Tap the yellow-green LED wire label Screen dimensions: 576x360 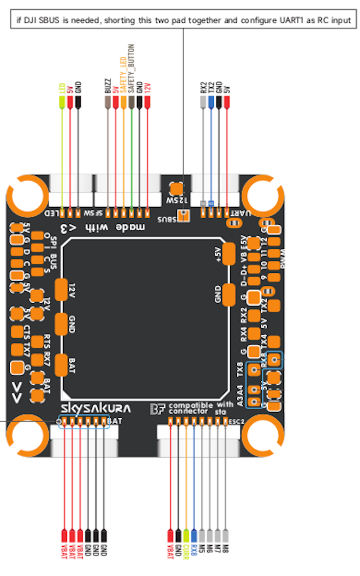61,87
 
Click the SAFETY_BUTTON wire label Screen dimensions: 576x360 132,69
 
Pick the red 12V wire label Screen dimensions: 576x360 148,87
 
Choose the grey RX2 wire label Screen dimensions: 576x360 203,88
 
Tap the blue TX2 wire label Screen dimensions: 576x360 211,88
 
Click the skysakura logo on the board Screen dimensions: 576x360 96,408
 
